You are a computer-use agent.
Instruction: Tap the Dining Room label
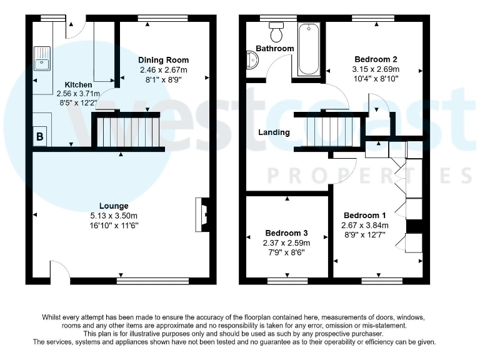pyautogui.click(x=163, y=61)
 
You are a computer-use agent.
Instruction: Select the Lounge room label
pyautogui.click(x=114, y=206)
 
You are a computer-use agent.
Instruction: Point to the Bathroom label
pyautogui.click(x=274, y=49)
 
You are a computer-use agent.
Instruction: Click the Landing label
pyautogui.click(x=274, y=132)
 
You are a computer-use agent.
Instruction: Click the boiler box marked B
pyautogui.click(x=40, y=137)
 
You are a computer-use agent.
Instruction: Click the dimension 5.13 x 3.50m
pyautogui.click(x=114, y=216)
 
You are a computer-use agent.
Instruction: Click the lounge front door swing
pyautogui.click(x=60, y=271)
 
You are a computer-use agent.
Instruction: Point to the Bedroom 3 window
pyautogui.click(x=287, y=279)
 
